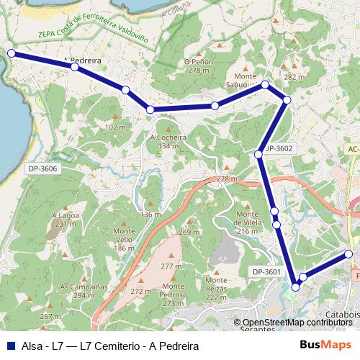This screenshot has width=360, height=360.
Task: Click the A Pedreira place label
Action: tap(81, 60)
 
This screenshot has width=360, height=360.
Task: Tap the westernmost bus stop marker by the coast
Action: tap(11, 53)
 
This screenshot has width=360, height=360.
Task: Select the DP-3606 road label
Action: tap(43, 168)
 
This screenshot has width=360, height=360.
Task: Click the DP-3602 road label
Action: tap(279, 148)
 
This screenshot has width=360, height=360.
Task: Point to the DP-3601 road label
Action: tap(266, 271)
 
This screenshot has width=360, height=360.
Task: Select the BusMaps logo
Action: tap(320, 345)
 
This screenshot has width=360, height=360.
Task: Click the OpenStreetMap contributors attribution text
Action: tap(299, 323)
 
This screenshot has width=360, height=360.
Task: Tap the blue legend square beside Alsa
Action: tap(9, 346)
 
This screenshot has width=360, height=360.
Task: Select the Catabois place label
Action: tap(341, 315)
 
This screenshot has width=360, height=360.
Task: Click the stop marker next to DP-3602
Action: tap(258, 154)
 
